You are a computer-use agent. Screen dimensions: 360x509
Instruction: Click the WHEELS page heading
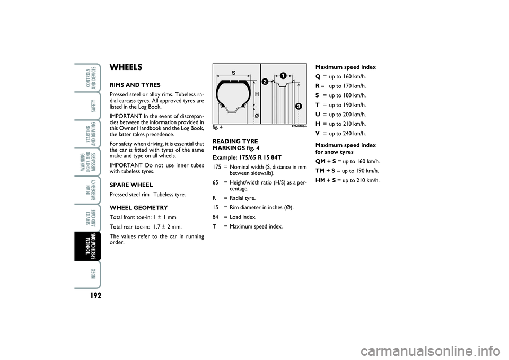pos(126,67)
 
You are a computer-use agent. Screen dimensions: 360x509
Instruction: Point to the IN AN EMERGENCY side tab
pos(87,189)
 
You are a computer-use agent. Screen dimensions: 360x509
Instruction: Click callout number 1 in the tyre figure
pos(284,76)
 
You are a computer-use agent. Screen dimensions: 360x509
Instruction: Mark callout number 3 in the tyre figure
pos(299,107)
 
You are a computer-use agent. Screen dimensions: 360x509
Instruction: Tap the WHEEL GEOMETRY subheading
pos(138,207)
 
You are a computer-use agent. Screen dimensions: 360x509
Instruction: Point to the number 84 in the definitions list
pos(216,217)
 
